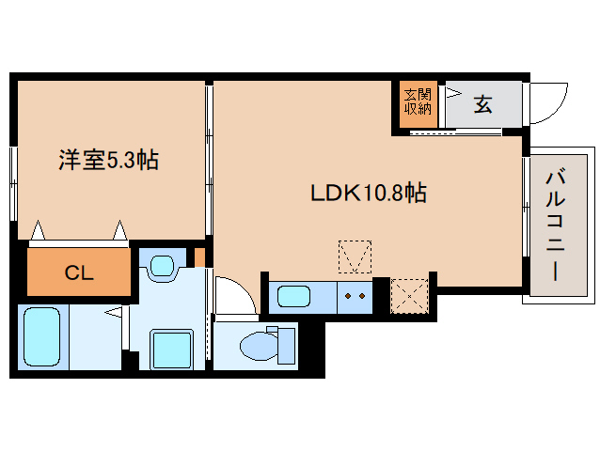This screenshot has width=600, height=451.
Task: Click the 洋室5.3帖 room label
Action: tap(108, 161)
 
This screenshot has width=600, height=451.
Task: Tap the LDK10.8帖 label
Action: tap(369, 194)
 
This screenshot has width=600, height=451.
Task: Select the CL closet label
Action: tap(78, 273)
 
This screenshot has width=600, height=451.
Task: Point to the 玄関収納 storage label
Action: tap(418, 101)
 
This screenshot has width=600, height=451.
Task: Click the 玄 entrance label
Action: tap(482, 104)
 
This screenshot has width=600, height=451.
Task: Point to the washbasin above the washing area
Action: tap(163, 265)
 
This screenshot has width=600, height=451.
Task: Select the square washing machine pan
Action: tap(171, 350)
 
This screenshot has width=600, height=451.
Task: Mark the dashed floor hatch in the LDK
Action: tap(355, 257)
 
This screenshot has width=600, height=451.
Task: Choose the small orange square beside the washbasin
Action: tap(198, 257)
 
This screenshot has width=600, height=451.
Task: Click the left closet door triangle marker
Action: tap(38, 229)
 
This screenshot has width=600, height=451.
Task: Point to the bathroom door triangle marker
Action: tap(113, 311)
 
